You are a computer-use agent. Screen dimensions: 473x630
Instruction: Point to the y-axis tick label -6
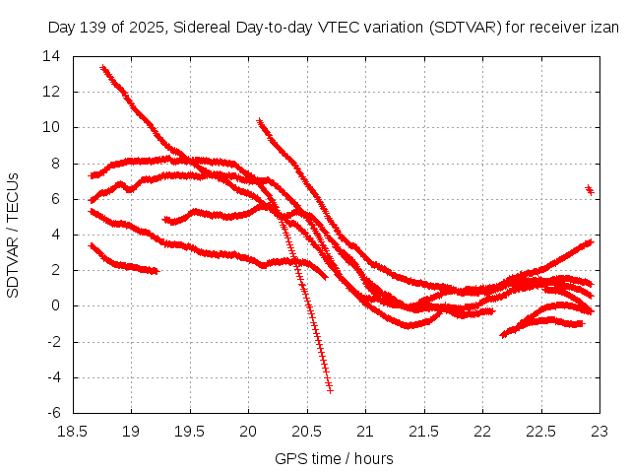click(55, 413)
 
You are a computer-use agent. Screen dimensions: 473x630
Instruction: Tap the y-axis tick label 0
click(57, 305)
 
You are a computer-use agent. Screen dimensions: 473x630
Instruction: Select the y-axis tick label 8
click(57, 164)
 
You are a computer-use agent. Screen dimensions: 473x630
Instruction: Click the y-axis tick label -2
click(55, 342)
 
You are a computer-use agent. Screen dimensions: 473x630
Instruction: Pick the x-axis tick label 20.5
click(307, 431)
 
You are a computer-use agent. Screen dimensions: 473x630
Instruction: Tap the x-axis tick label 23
click(599, 431)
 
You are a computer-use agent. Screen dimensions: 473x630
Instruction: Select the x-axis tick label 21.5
click(424, 431)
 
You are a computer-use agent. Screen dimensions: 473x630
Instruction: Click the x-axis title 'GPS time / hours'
click(334, 458)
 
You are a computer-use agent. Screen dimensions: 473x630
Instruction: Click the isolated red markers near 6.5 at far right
click(590, 189)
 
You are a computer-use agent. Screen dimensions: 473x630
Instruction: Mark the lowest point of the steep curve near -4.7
click(330, 389)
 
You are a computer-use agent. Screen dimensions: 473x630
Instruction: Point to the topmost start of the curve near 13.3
click(103, 68)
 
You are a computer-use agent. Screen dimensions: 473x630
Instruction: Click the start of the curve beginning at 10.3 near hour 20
click(260, 121)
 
